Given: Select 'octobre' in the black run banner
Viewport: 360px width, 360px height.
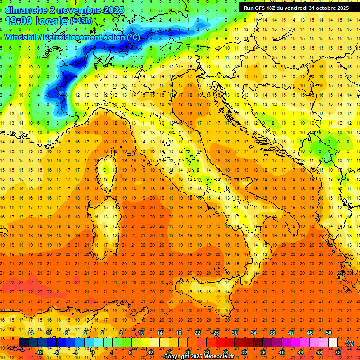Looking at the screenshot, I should pos(320,8).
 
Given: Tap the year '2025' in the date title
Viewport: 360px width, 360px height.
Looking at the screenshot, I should pos(113,10).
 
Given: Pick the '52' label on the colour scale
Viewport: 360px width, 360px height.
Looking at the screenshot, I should pos(338,352).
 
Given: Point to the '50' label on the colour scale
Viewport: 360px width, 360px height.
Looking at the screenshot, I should pos(329,333).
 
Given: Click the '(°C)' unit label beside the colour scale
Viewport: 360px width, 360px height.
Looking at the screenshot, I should pos(349,343).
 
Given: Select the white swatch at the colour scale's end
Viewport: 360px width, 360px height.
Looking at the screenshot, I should pos(333,343).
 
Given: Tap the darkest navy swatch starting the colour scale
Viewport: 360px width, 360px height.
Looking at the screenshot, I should pos(23,343).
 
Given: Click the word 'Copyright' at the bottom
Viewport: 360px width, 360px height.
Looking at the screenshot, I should pos(177,357).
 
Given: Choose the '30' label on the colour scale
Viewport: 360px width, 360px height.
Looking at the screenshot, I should pos(235,333).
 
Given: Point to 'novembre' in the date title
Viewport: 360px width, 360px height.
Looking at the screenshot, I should pos(76,10).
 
